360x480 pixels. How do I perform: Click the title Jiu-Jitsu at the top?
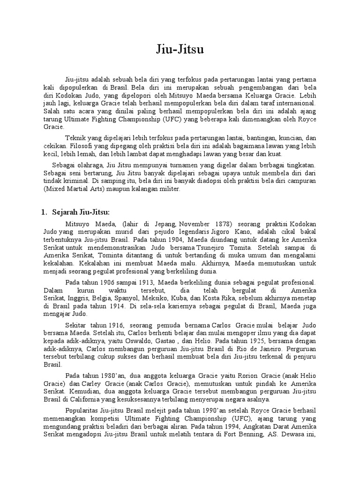[x=180, y=50]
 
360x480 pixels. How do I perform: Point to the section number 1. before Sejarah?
[x=45, y=212]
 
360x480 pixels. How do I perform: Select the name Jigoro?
[x=228, y=232]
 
